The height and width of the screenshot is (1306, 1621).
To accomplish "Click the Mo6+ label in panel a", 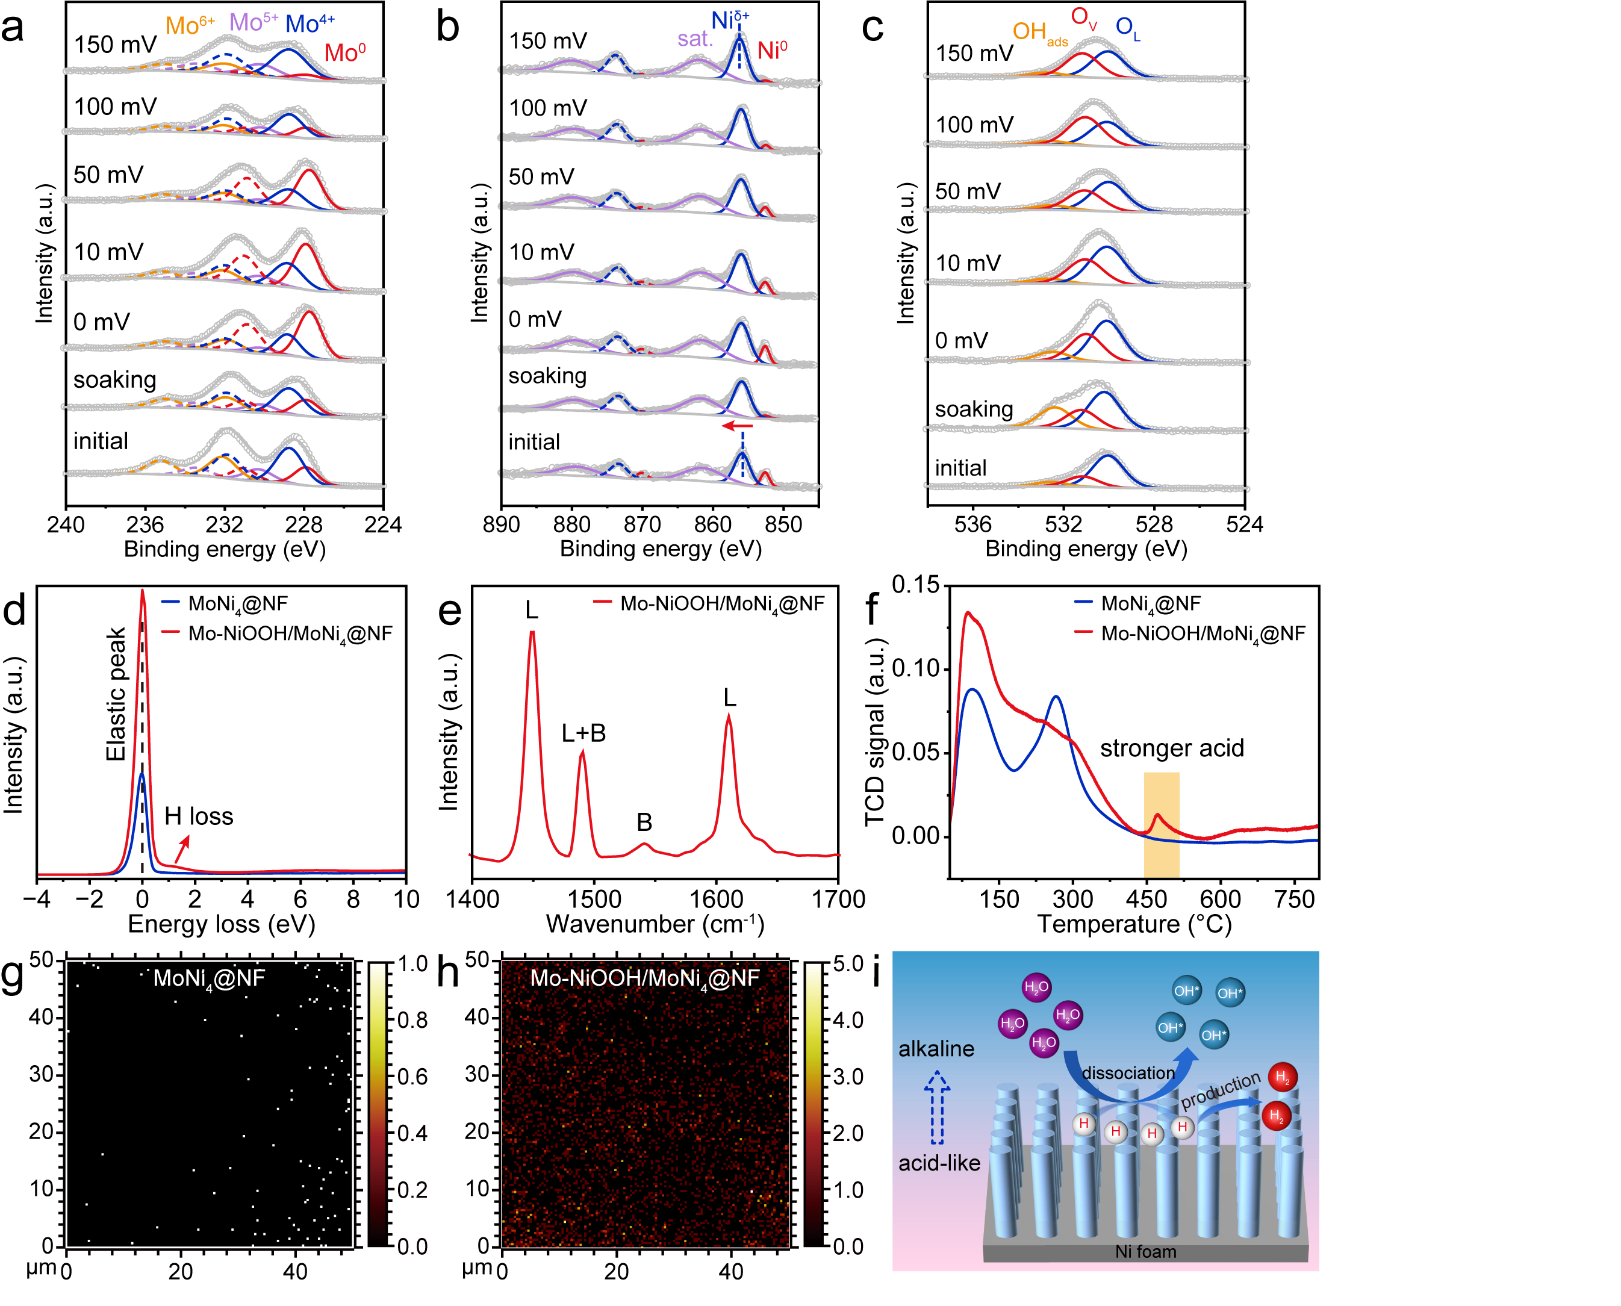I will tap(189, 25).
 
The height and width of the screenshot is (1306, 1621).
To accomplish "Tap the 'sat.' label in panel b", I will tap(694, 39).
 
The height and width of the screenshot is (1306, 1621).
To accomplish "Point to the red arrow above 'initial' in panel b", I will tap(737, 426).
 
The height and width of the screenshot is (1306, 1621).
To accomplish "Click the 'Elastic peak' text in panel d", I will tap(116, 694).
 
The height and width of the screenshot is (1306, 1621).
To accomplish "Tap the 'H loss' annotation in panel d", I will tap(199, 816).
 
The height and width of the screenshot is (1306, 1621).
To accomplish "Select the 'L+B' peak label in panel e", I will tap(583, 733).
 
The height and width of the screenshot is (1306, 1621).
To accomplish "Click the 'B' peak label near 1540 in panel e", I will tap(644, 822).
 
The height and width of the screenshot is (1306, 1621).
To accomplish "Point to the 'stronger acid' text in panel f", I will tap(1171, 748).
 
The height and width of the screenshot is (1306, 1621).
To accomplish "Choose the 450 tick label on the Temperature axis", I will tap(1146, 899).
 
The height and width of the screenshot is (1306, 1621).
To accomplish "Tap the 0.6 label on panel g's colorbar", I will tap(412, 1077).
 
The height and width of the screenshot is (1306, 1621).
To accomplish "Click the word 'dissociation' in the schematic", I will tap(1128, 1073).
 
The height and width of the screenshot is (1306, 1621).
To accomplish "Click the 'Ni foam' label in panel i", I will tap(1145, 1251).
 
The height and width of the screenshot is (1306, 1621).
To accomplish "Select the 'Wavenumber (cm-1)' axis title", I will tap(655, 924).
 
